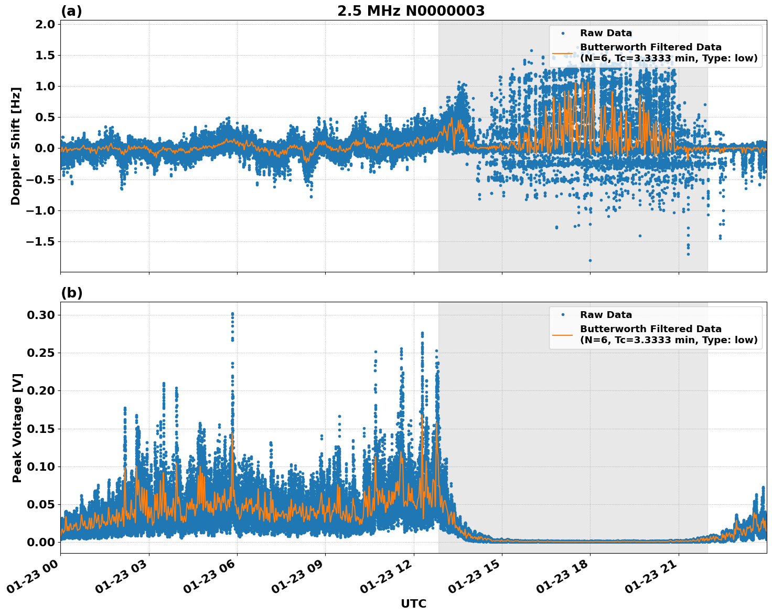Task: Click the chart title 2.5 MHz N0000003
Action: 411,11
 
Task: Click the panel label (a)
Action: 71,11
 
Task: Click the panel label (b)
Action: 72,293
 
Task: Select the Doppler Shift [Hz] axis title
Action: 16,146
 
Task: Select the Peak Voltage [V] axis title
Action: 17,428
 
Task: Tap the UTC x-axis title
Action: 413,603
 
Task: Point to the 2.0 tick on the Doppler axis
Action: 46,24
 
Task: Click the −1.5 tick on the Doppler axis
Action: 42,241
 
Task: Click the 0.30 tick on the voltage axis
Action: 40,315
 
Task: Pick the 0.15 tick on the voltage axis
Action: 40,429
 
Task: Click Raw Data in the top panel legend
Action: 606,33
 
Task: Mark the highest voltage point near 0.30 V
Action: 232,314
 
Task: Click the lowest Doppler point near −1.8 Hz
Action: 590,260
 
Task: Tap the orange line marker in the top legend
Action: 563,53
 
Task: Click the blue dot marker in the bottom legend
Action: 563,315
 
